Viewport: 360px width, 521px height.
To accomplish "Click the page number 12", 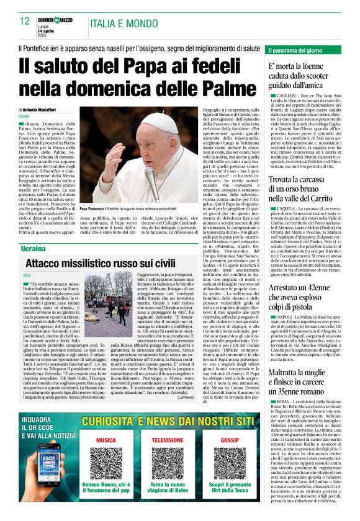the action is tap(25, 21).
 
